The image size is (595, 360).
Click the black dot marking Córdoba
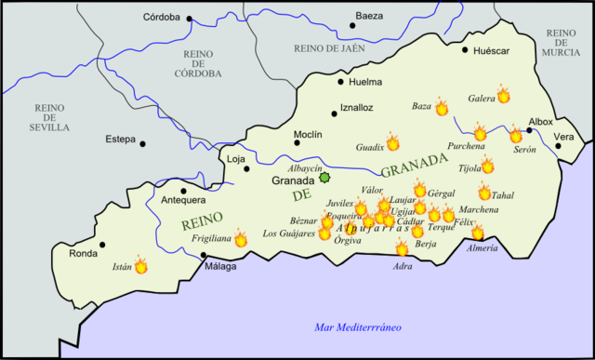(189, 19)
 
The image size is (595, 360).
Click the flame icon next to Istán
(141, 265)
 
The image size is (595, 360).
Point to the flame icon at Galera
(503, 94)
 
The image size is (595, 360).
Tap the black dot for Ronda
(102, 245)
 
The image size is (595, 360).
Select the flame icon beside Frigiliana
(241, 239)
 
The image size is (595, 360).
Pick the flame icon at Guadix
(392, 142)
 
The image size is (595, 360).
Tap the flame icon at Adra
(402, 247)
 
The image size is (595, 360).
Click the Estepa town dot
(142, 143)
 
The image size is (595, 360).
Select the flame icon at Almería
(478, 233)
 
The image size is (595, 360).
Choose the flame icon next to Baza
(442, 108)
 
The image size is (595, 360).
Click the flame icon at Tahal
(484, 193)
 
